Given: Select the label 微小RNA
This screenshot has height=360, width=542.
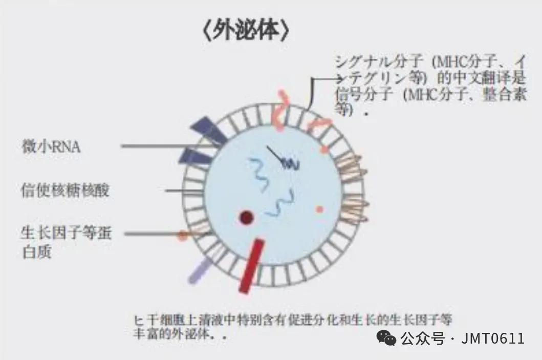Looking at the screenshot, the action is [51, 146].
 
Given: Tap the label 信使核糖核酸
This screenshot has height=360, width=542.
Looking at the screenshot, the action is [66, 190].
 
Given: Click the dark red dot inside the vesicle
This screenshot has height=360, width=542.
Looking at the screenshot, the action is [247, 218].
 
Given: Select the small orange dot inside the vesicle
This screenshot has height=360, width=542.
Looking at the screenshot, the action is [320, 209].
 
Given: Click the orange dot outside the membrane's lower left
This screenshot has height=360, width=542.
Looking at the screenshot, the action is [183, 236].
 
